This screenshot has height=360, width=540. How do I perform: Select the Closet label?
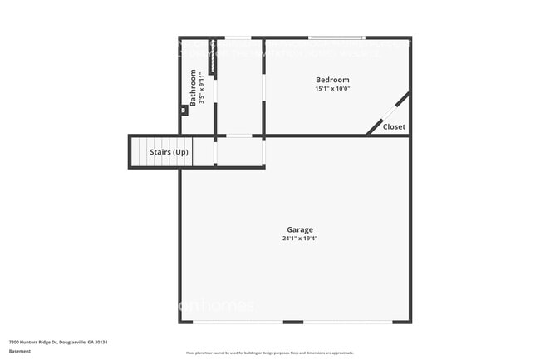[x=394, y=127]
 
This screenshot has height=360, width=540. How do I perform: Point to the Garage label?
[x=300, y=229]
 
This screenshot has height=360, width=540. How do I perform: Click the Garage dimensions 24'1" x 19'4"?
[x=300, y=239]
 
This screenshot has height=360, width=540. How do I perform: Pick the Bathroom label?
[x=194, y=87]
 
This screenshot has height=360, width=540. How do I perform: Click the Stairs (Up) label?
[x=169, y=152]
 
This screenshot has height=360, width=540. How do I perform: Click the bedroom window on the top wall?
[x=336, y=37]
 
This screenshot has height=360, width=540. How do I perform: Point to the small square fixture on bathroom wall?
[x=184, y=110]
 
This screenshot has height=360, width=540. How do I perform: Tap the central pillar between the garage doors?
[x=292, y=322]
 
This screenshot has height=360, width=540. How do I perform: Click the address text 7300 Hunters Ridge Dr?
[x=42, y=342]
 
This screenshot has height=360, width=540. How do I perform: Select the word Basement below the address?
[x=20, y=352]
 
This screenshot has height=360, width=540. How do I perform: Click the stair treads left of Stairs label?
[x=139, y=152]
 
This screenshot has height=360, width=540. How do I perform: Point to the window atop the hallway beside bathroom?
[x=239, y=37]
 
